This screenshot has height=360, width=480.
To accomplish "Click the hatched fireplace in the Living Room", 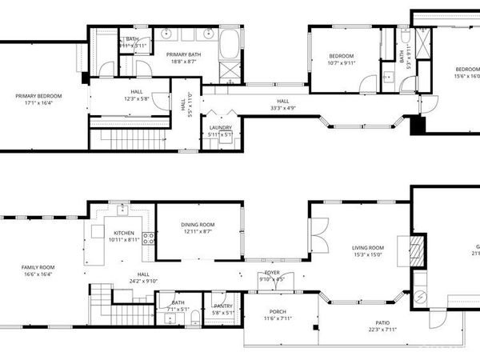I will (x=416, y=250).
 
